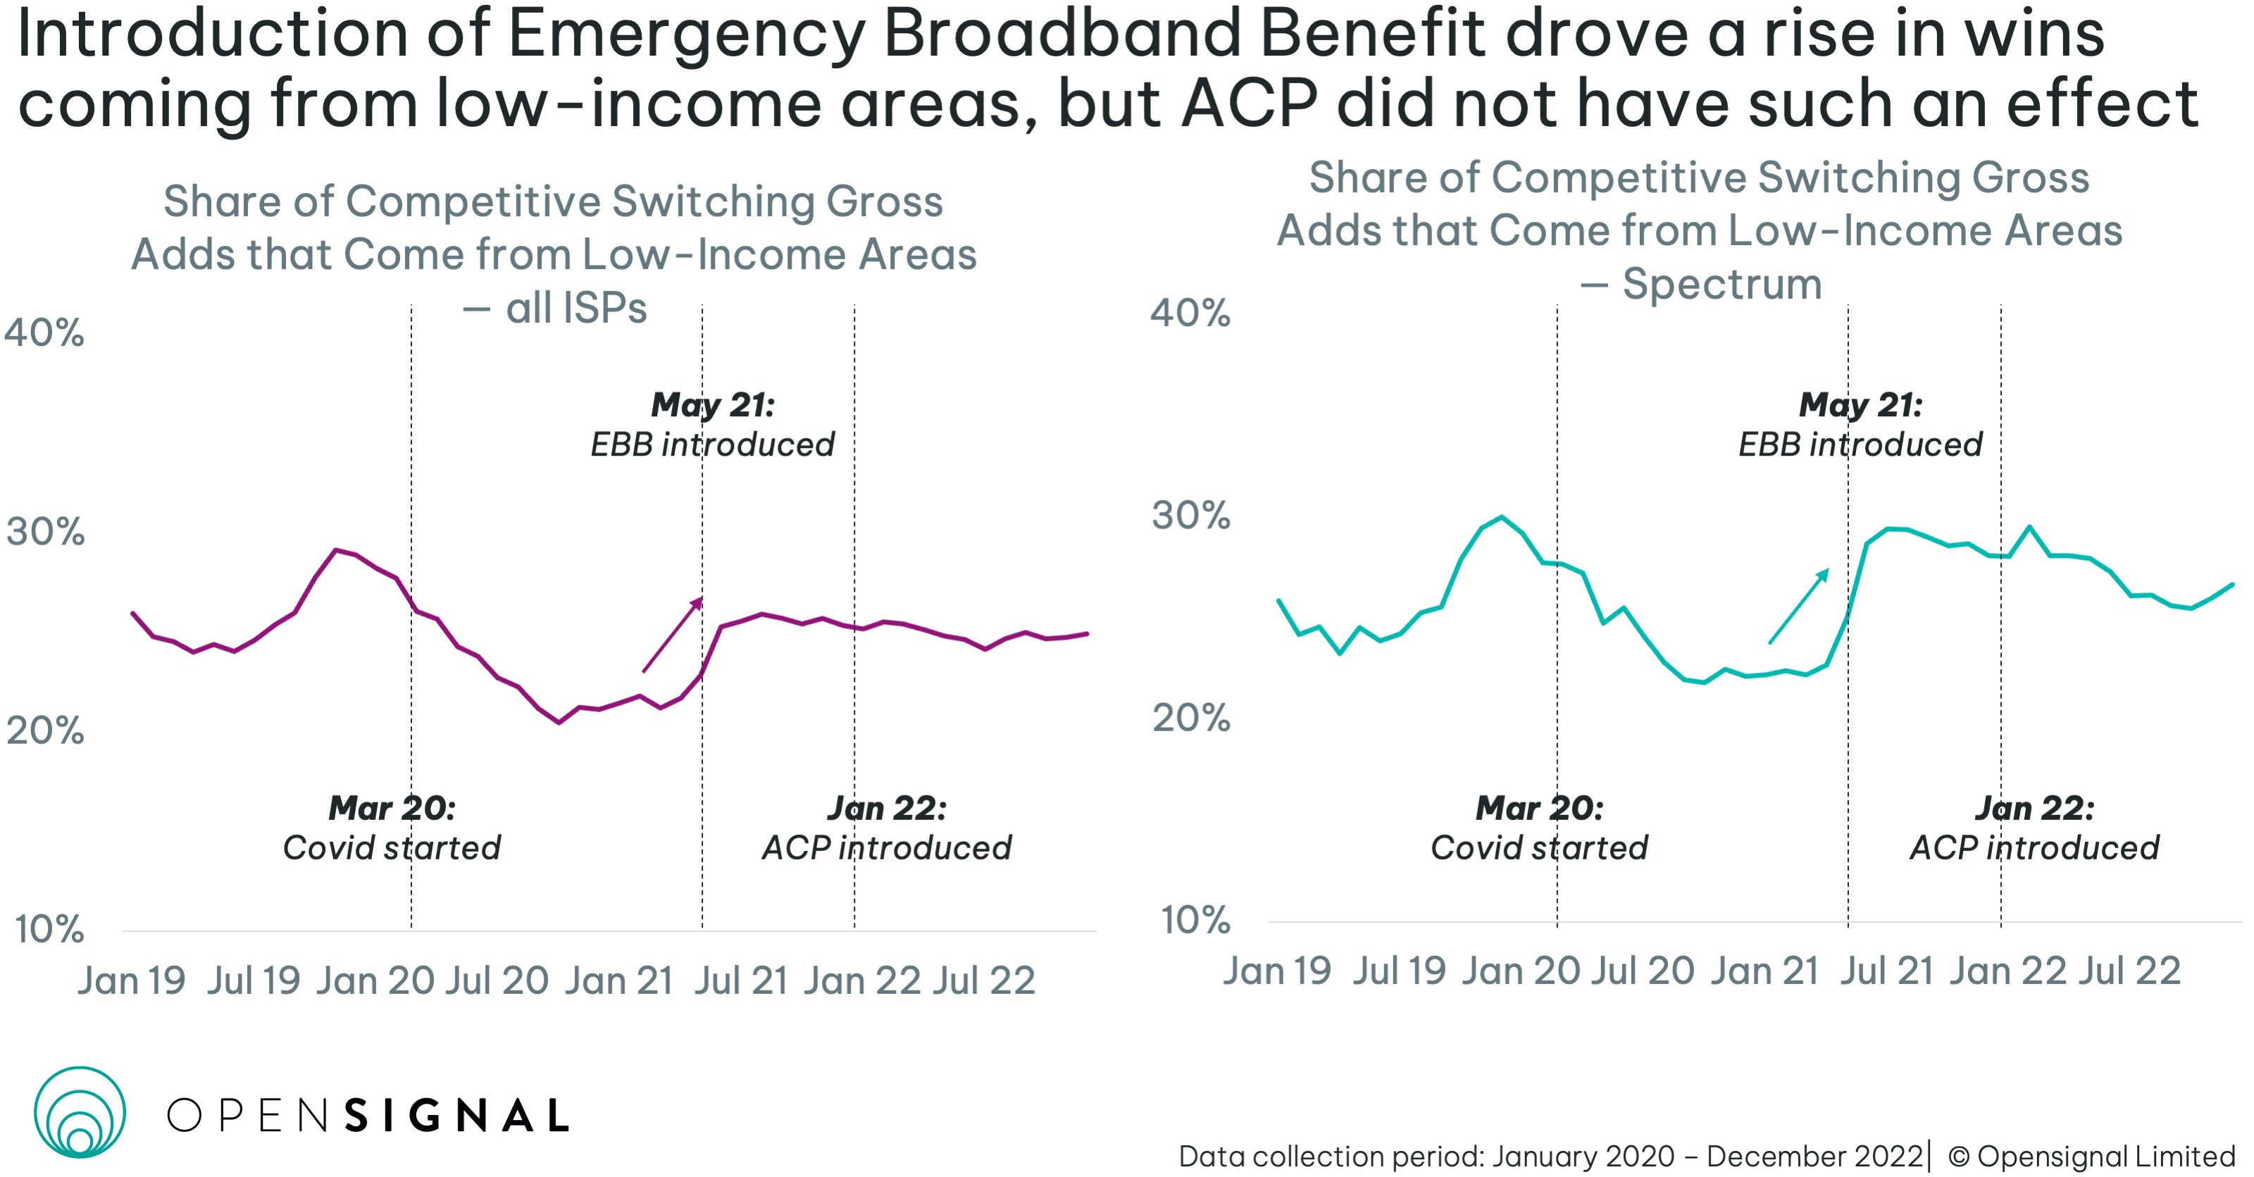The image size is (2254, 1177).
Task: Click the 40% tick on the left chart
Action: (x=44, y=332)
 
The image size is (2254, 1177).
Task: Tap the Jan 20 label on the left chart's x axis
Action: (x=375, y=980)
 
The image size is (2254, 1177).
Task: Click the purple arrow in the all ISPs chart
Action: (x=673, y=635)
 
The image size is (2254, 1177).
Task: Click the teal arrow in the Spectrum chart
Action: (x=1799, y=606)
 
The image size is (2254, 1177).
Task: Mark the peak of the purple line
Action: (x=336, y=549)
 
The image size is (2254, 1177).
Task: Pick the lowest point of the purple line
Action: (x=559, y=723)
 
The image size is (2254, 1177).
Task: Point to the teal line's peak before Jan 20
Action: (x=1502, y=516)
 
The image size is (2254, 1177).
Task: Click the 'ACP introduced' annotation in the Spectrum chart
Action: (x=2034, y=847)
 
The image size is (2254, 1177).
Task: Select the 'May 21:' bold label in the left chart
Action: (x=712, y=404)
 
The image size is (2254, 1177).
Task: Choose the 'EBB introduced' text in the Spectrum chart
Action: (x=1860, y=444)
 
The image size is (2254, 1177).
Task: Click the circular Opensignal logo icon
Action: (x=80, y=1112)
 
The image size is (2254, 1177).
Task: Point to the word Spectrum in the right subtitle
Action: (x=1721, y=284)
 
